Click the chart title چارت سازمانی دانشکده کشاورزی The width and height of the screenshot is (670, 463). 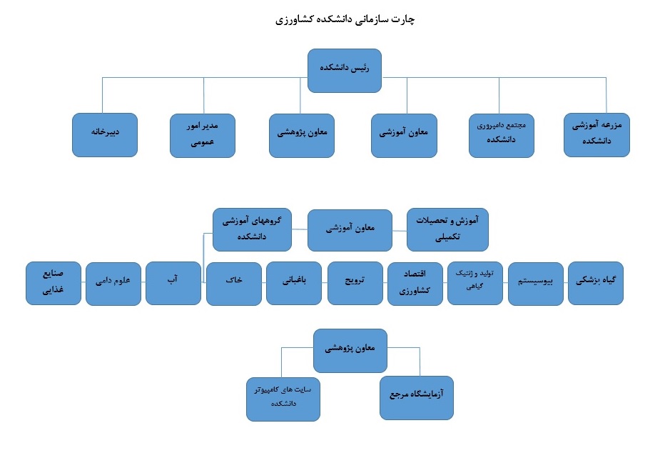(x=345, y=20)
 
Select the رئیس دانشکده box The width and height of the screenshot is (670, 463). (x=345, y=71)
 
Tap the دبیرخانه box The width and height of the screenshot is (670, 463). (x=105, y=135)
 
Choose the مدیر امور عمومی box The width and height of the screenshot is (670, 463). (x=203, y=135)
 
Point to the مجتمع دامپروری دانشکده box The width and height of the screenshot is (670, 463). (x=501, y=135)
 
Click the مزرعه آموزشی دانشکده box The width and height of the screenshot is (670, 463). (x=597, y=135)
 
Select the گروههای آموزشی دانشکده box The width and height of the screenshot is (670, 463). (x=252, y=229)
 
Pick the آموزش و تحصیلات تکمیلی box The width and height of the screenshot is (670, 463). (x=447, y=229)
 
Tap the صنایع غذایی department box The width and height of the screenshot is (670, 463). (x=54, y=283)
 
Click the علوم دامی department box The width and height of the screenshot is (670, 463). (x=113, y=284)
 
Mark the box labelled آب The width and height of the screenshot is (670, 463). (x=173, y=283)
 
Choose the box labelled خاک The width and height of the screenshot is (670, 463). (x=234, y=284)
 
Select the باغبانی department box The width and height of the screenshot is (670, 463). (x=293, y=283)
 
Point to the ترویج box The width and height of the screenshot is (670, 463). (x=355, y=283)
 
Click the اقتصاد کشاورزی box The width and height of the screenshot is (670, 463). (x=415, y=284)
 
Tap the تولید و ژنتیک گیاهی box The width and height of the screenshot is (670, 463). (x=475, y=283)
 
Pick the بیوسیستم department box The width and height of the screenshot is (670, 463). (x=536, y=284)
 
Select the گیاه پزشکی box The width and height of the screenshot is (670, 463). (x=596, y=283)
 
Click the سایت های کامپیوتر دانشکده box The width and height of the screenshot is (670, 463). (x=283, y=399)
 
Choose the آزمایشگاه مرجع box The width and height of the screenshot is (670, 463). (x=417, y=398)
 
